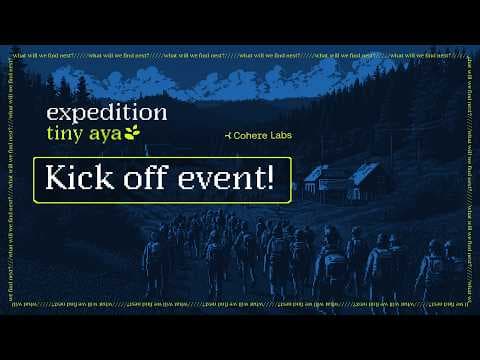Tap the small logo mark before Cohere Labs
click(x=221, y=133)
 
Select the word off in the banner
click(x=149, y=180)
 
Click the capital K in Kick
click(x=57, y=180)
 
